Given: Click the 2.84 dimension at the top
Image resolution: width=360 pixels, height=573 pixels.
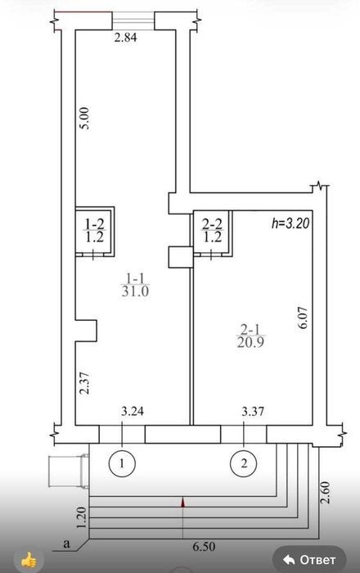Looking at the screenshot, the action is point(126,38).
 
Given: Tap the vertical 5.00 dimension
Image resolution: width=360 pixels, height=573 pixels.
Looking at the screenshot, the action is point(84,118).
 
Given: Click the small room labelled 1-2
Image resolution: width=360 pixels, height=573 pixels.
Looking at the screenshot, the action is point(95,231).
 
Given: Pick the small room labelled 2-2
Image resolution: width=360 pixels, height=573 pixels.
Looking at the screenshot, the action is point(213,231).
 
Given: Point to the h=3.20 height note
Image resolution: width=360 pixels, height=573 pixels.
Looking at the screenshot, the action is point(290,223).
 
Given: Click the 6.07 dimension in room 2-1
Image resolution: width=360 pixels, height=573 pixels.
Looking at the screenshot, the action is point(304,319).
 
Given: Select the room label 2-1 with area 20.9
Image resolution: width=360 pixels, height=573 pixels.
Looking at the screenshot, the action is point(250,336).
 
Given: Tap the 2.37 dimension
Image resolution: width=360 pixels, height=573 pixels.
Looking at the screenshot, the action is point(85,382).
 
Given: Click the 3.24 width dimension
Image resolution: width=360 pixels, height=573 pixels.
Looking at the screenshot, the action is point(133,412).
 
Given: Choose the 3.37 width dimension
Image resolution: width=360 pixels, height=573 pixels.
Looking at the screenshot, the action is point(253,412).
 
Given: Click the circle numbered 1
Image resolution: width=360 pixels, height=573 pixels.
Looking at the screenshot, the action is point(122,463).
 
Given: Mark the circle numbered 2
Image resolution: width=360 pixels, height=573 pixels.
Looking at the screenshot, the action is point(244,463).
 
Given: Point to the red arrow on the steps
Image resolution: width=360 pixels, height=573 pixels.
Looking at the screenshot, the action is point(183,503).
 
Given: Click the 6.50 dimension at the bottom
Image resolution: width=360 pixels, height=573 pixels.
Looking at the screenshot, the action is point(204,547).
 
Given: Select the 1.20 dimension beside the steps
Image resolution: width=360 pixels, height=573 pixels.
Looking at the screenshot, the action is point(83,517).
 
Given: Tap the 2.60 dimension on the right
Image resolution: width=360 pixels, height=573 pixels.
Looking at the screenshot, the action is point(325,493).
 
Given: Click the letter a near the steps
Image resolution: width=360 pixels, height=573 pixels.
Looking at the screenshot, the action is point(66,544).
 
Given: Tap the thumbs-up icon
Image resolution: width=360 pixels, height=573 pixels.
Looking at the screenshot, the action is point(29,559).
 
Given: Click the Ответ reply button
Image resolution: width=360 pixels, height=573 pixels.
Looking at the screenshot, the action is point(309,559).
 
